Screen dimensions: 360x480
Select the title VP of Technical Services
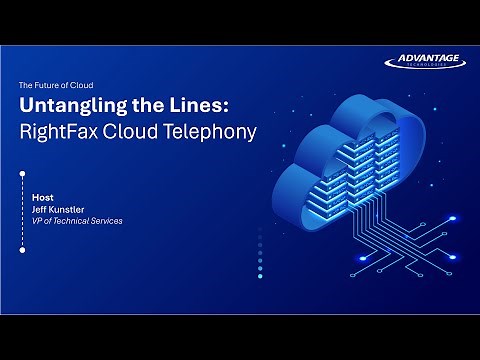click(x=78, y=220)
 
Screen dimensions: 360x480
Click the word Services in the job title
click(x=109, y=220)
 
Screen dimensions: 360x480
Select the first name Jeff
click(x=41, y=210)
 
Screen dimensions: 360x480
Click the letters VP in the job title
click(x=38, y=220)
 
